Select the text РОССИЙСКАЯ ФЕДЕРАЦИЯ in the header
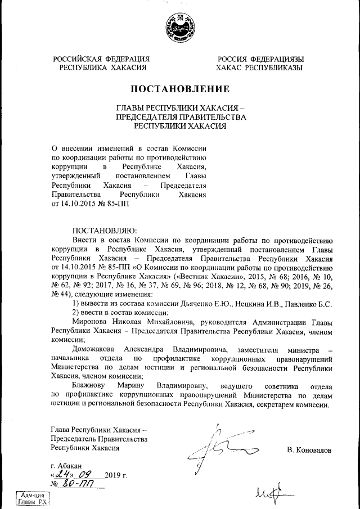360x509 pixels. click(x=101, y=59)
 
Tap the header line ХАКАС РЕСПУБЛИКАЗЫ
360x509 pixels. click(x=259, y=67)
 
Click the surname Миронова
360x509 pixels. click(x=91, y=322)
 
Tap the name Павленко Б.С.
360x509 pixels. click(x=310, y=304)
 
